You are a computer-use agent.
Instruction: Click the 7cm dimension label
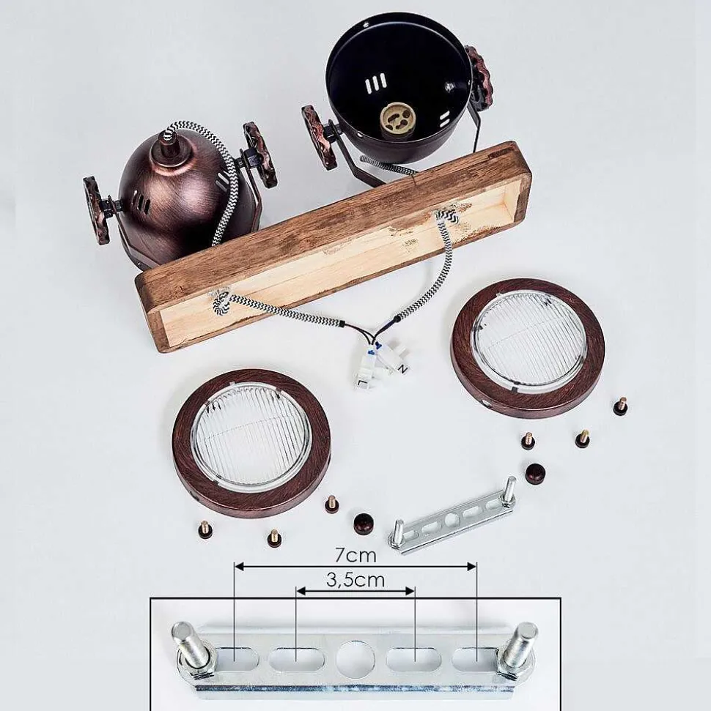pyautogui.click(x=355, y=554)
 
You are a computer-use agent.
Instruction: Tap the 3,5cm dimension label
pyautogui.click(x=355, y=579)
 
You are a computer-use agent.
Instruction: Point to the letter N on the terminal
pyautogui.click(x=402, y=370)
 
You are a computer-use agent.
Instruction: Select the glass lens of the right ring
pyautogui.click(x=529, y=343)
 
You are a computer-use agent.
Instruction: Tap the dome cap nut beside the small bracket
pyautogui.click(x=364, y=523)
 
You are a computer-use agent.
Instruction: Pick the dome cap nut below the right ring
pyautogui.click(x=535, y=474)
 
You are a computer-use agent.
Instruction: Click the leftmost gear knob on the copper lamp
pyautogui.click(x=95, y=204)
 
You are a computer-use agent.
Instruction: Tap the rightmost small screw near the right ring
pyautogui.click(x=620, y=406)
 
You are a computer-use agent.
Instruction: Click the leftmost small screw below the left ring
pyautogui.click(x=204, y=529)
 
